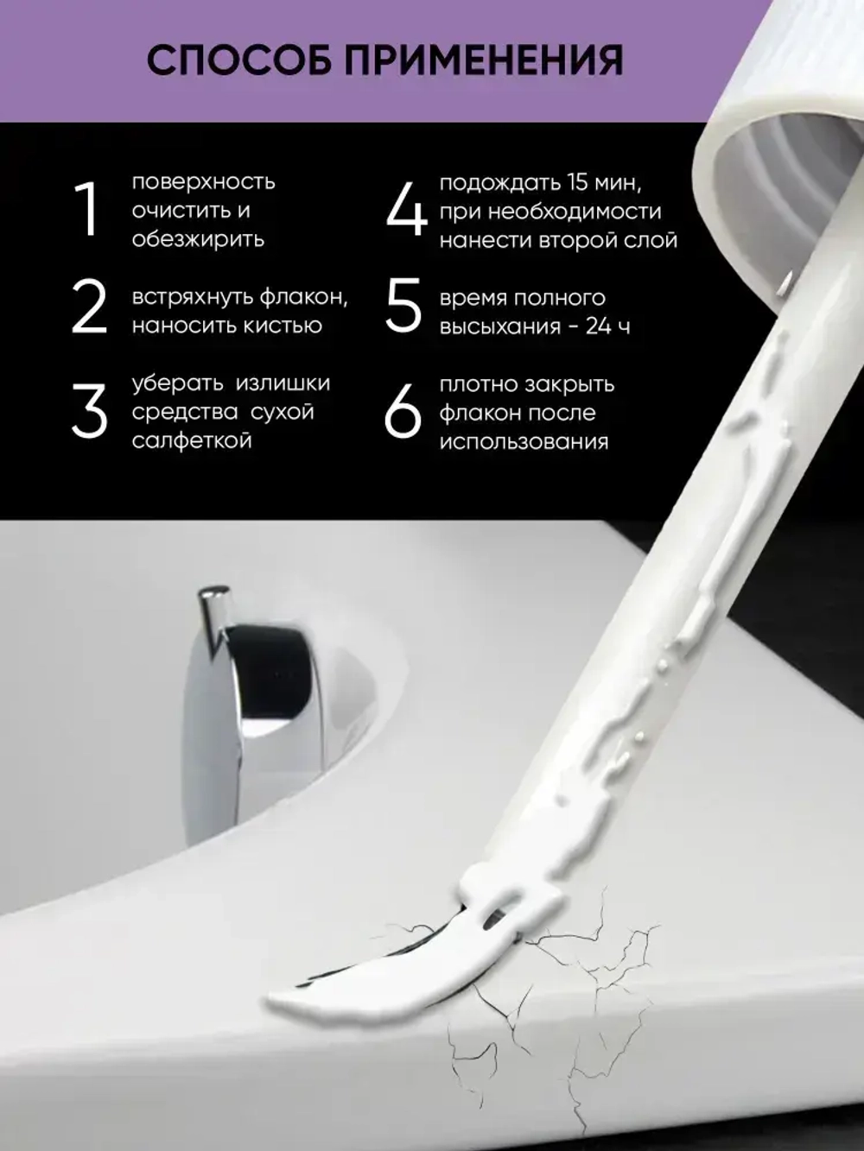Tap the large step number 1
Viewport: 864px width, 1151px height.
pyautogui.click(x=86, y=210)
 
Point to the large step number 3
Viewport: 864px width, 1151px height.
pyautogui.click(x=88, y=412)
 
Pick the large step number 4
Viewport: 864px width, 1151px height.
pyautogui.click(x=404, y=210)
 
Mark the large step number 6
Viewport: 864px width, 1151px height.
pyautogui.click(x=403, y=412)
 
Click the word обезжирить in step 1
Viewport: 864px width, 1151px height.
pyautogui.click(x=198, y=239)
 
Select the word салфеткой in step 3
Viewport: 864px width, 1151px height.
pyautogui.click(x=192, y=440)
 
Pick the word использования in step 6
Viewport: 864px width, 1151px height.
pyautogui.click(x=524, y=441)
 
